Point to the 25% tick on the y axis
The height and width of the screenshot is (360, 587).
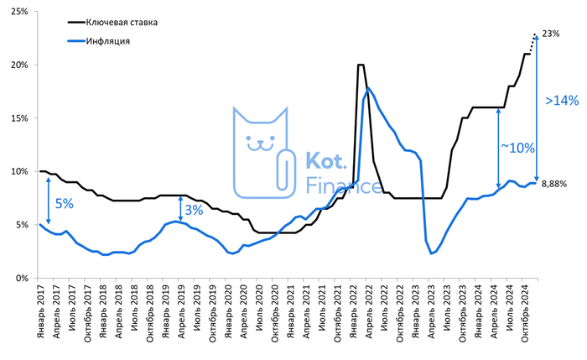coord(20,12)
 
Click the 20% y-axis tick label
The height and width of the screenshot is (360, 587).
coord(20,65)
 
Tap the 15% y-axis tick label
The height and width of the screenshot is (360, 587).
coord(20,118)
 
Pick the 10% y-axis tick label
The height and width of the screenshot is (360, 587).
coord(20,171)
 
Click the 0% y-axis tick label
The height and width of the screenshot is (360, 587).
coord(23,278)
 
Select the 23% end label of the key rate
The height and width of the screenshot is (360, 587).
coord(551,34)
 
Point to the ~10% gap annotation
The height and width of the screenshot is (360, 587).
coord(518,148)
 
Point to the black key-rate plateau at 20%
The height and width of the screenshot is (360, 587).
coord(361,65)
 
